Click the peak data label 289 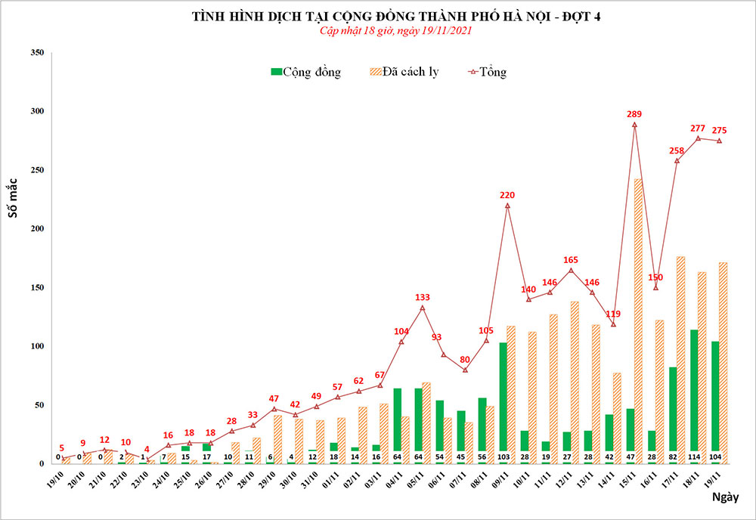(x=634, y=114)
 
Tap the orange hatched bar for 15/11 (x=639, y=317)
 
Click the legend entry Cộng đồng (x=305, y=73)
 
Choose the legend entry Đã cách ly (x=403, y=73)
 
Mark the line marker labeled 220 (x=507, y=205)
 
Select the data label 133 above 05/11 (x=423, y=298)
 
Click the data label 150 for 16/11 (x=654, y=277)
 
